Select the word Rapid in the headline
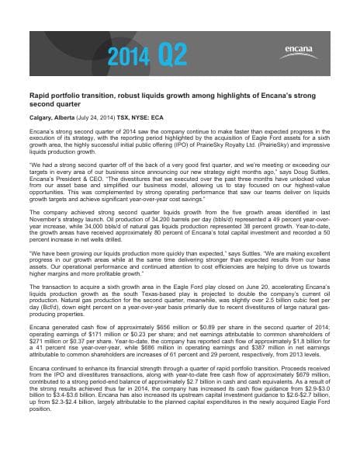pyautogui.click(x=39, y=113)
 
